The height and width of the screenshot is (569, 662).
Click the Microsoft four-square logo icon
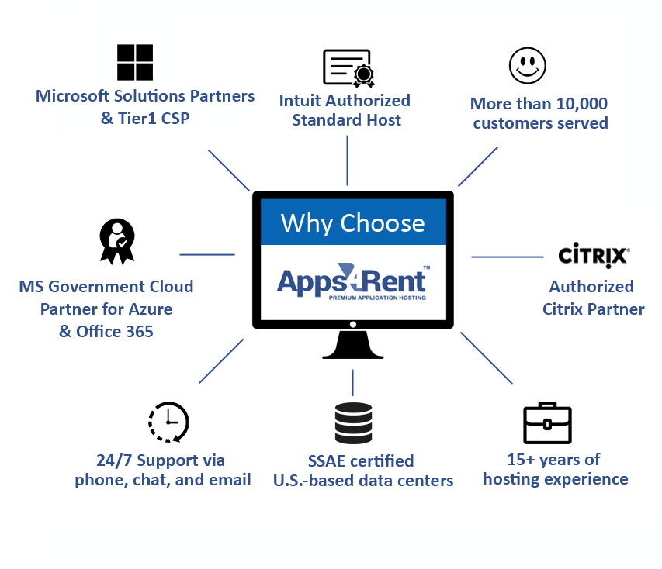135,62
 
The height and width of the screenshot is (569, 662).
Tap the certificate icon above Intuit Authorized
348,68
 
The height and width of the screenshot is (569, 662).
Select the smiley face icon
527,65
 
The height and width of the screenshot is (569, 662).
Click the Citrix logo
594,255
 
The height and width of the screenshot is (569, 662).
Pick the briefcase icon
547,423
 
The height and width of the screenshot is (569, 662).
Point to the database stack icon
353,422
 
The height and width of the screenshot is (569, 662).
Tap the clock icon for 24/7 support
168,422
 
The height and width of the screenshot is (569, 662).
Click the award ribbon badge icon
117,241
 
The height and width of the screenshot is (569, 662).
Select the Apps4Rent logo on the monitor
353,281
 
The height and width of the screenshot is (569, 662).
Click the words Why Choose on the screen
353,222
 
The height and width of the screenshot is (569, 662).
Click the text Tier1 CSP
154,118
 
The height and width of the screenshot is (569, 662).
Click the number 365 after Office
140,332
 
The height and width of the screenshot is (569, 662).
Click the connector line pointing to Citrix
507,257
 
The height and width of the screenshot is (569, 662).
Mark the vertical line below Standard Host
348,160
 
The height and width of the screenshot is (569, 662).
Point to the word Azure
151,309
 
